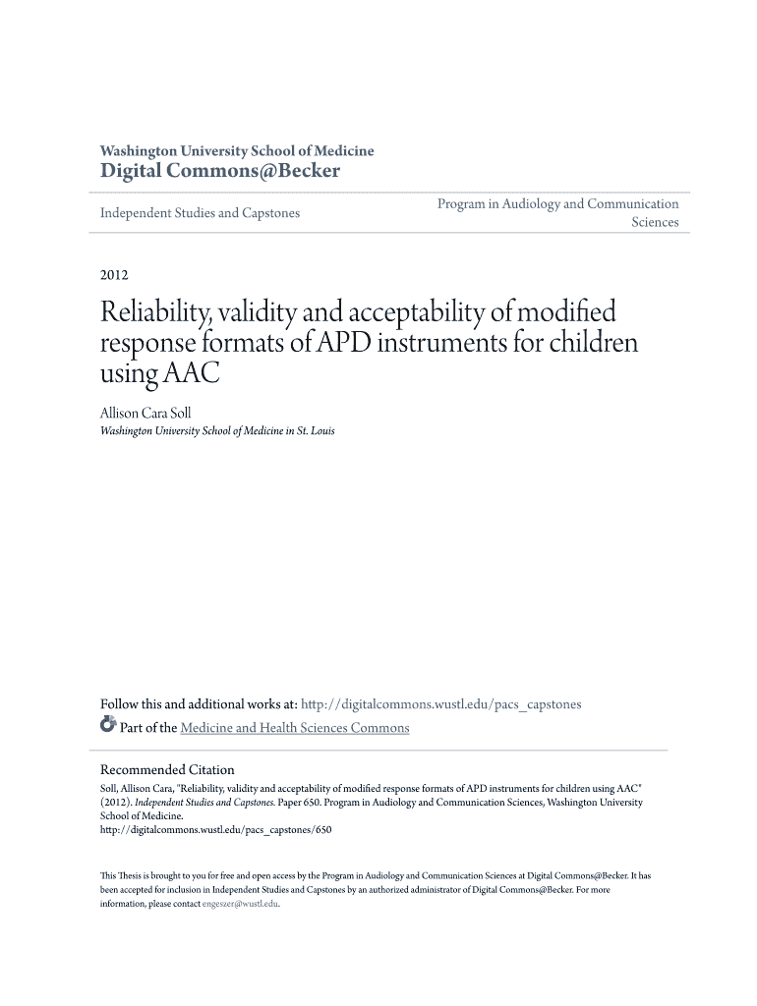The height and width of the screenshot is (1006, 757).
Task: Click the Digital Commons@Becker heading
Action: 220,171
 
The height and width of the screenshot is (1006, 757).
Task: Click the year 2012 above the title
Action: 115,275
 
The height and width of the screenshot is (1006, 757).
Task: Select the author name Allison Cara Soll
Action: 146,414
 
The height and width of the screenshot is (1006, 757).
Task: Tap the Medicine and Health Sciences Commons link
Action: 294,728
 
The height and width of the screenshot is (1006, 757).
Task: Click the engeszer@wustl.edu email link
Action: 241,904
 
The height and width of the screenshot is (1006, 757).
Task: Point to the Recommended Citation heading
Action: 167,769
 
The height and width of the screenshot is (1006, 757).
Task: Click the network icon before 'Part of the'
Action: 108,727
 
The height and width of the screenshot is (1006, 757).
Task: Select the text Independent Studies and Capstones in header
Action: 200,212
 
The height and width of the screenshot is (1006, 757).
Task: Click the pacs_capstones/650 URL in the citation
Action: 216,829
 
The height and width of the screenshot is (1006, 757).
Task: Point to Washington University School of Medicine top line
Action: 237,150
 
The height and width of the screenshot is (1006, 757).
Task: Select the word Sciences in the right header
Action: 654,222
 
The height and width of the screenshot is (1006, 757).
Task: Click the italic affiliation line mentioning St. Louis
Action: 217,431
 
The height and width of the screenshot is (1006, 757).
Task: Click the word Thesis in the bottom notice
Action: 125,874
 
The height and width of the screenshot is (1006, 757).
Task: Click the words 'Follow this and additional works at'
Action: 199,704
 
